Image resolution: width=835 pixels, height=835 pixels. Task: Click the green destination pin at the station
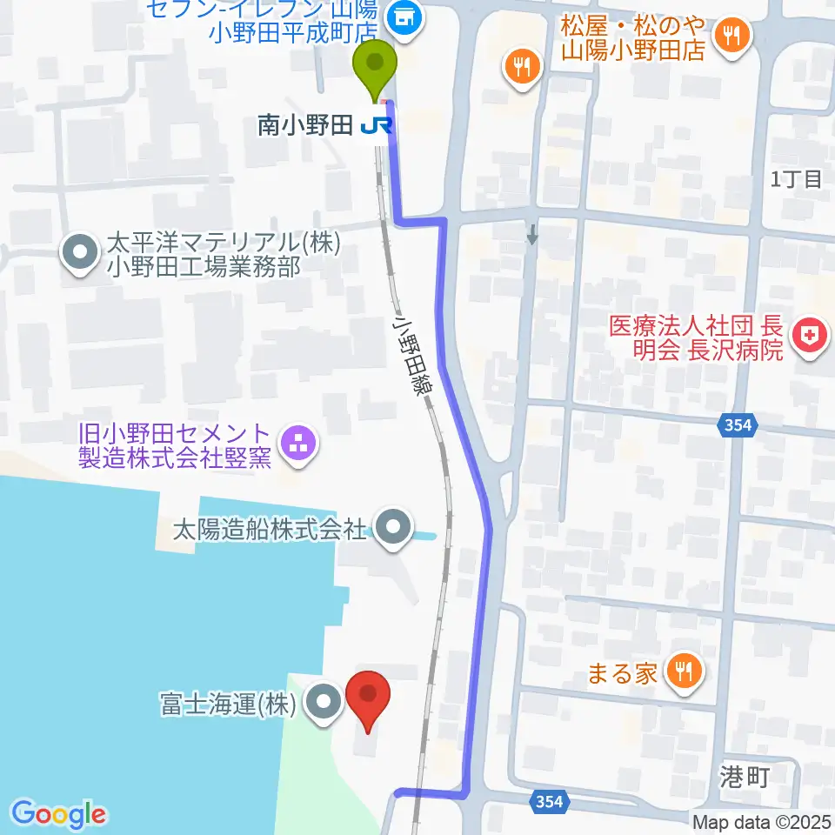(375, 67)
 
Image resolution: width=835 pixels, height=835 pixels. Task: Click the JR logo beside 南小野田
(377, 127)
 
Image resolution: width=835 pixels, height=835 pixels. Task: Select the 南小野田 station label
(304, 127)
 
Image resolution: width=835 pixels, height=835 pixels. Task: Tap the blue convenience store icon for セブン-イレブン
(402, 13)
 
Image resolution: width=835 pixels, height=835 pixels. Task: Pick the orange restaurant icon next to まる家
(682, 671)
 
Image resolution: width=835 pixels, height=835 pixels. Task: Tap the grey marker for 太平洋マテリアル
(81, 253)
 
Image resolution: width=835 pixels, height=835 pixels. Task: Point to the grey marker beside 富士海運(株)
(324, 703)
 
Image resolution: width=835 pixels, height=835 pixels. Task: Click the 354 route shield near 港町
(550, 801)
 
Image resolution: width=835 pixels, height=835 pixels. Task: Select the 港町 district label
(746, 777)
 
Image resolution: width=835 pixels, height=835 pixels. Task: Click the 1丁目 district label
(797, 180)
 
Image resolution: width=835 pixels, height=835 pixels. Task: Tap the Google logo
(58, 813)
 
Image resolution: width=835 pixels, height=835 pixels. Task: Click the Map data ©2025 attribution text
(762, 821)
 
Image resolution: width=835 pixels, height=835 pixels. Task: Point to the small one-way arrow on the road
(532, 233)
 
